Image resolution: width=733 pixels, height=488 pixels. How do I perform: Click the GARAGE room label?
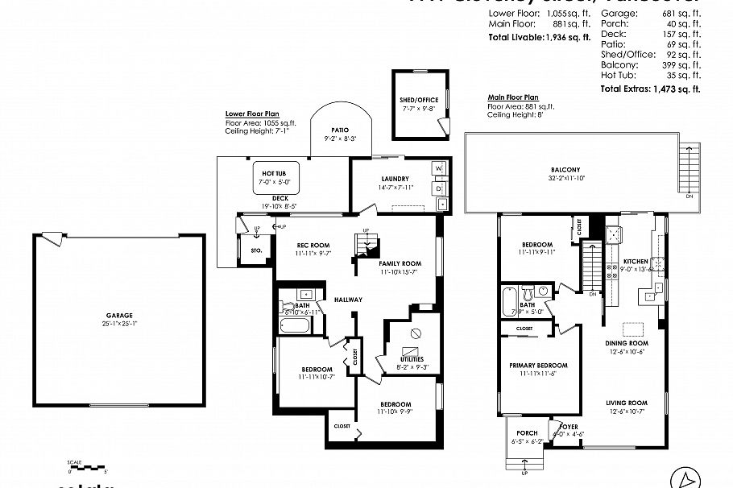[x=118, y=315]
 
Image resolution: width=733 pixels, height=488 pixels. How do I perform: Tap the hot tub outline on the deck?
[x=275, y=178]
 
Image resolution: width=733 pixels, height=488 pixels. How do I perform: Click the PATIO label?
[x=340, y=130]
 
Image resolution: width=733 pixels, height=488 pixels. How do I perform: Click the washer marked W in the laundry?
[x=440, y=168]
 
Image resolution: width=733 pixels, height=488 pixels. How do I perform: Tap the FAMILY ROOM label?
[x=400, y=263]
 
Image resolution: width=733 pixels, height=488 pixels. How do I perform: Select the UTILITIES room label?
[x=412, y=359]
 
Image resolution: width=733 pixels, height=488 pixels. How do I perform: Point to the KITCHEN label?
[x=635, y=262]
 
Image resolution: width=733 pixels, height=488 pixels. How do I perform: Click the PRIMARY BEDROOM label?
[x=538, y=365]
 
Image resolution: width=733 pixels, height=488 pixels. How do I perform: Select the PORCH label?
[x=527, y=433]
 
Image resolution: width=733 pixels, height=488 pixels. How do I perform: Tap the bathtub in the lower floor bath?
[x=296, y=326]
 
